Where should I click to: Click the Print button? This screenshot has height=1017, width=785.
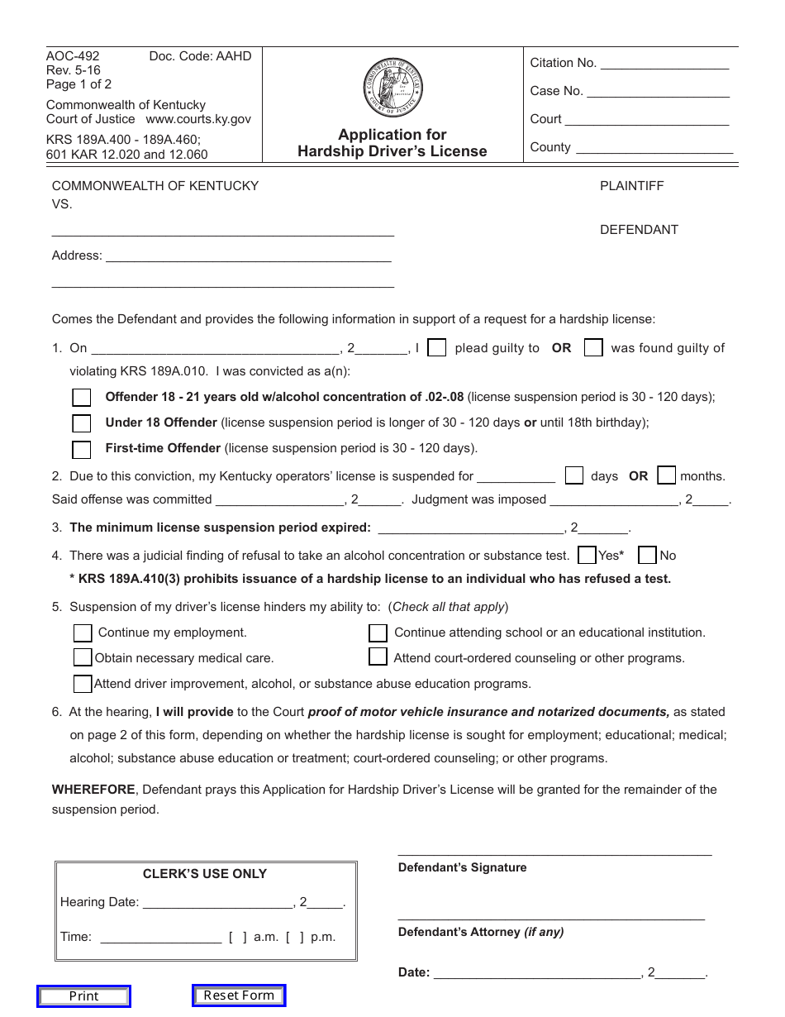[x=83, y=996]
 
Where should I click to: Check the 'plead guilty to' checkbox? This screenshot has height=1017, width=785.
[x=437, y=348]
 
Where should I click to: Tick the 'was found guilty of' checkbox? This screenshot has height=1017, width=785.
[x=593, y=348]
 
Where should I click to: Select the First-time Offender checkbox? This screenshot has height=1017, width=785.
[x=81, y=450]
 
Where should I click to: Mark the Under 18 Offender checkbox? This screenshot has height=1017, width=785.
[x=81, y=423]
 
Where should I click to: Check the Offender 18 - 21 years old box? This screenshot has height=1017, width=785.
[x=81, y=398]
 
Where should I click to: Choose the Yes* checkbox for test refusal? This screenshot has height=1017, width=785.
[x=588, y=555]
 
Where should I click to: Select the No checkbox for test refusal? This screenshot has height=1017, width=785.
[x=648, y=555]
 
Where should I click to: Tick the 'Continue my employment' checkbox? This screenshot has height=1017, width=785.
[x=83, y=633]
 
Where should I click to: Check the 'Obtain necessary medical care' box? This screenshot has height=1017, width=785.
[x=83, y=657]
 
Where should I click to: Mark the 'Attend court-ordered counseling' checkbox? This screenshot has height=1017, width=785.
[x=378, y=657]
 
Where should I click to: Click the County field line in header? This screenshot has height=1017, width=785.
[x=654, y=149]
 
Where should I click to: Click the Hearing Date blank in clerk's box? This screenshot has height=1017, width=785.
[x=217, y=904]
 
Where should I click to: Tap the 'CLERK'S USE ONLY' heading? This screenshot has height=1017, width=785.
[x=205, y=874]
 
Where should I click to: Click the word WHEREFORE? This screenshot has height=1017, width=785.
[x=93, y=790]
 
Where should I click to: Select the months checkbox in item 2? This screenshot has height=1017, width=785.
[x=666, y=475]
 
